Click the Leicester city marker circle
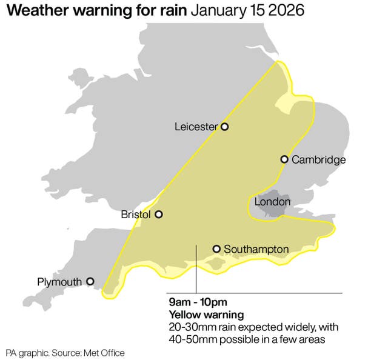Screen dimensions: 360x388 pyautogui.click(x=224, y=127)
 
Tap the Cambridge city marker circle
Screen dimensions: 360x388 pyautogui.click(x=284, y=159)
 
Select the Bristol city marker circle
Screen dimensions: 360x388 pyautogui.click(x=159, y=214)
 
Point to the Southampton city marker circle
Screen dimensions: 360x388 pyautogui.click(x=216, y=248)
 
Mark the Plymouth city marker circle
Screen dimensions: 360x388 pyautogui.click(x=90, y=281)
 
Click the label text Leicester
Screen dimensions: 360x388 pyautogui.click(x=196, y=127)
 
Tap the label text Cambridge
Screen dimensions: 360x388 pyautogui.click(x=318, y=160)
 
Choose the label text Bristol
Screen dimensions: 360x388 pyautogui.click(x=136, y=215)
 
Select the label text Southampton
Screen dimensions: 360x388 pyautogui.click(x=256, y=249)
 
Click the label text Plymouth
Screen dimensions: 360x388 pyautogui.click(x=59, y=282)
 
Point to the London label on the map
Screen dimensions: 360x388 pyautogui.click(x=272, y=201)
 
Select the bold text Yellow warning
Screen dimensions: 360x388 pyautogui.click(x=206, y=315)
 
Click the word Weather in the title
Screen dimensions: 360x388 pyautogui.click(x=38, y=12)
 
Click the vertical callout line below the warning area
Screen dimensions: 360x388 pyautogui.click(x=196, y=270)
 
